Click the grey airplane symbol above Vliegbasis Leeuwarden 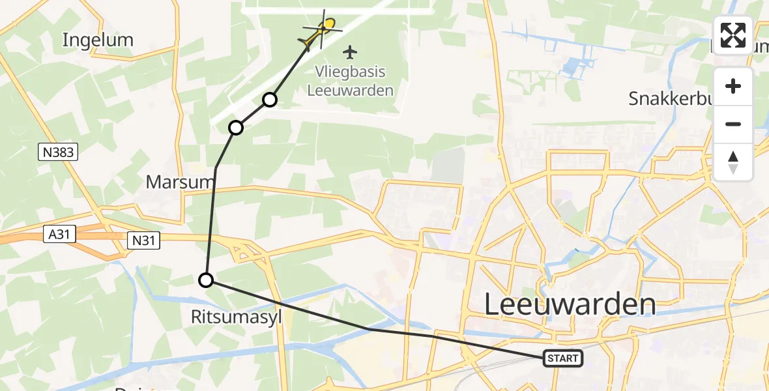(351, 51)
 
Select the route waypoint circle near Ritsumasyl (206, 280)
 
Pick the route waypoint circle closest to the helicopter (270, 100)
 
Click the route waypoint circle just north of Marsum (236, 128)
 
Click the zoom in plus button (733, 86)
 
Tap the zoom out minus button (733, 124)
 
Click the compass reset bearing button (733, 162)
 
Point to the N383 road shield (58, 152)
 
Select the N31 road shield (143, 241)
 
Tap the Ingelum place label (98, 40)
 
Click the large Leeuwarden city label (570, 304)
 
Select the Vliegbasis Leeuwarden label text (351, 81)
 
